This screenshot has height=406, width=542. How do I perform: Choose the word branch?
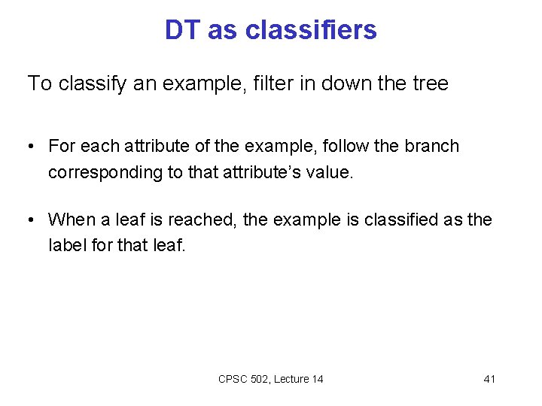coord(430,146)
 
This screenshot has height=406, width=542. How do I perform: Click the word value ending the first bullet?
coord(330,172)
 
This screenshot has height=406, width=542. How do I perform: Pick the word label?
coord(66,245)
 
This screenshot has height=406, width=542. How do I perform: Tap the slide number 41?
coord(489,379)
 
